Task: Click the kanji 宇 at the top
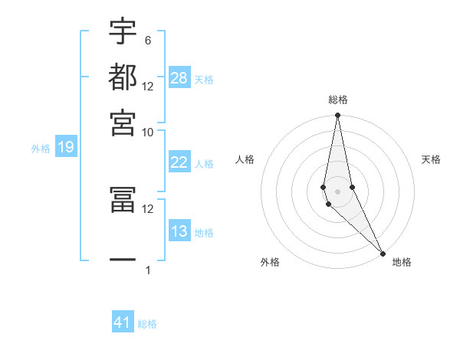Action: (x=123, y=32)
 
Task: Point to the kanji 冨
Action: (x=123, y=199)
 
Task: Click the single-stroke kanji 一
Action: (x=123, y=260)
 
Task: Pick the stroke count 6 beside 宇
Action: (x=147, y=40)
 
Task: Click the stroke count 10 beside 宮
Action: (x=148, y=132)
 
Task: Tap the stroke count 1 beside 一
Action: (x=148, y=270)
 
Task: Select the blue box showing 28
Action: (x=179, y=78)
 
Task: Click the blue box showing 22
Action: (x=179, y=162)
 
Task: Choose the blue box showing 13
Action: (x=179, y=231)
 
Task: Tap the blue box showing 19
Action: (x=65, y=148)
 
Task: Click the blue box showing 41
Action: (x=123, y=322)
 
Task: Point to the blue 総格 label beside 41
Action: (x=147, y=324)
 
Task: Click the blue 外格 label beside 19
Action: (x=41, y=149)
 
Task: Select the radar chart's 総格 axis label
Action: (x=337, y=100)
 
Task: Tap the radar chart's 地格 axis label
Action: (x=402, y=262)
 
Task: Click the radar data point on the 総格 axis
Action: (x=337, y=116)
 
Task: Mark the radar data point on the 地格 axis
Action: (x=383, y=251)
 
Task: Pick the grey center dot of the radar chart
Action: (x=337, y=191)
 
